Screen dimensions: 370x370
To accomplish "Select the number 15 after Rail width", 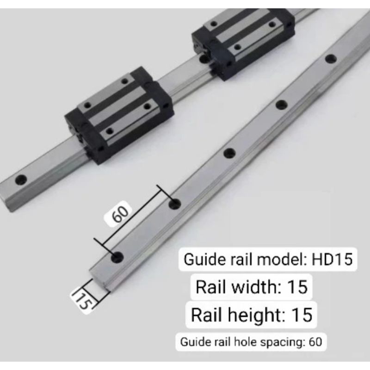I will (297, 287).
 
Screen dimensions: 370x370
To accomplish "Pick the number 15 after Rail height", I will (302, 315).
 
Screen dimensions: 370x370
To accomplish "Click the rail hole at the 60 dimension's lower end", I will (117, 257).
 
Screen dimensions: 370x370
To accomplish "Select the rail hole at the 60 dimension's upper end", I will (174, 203).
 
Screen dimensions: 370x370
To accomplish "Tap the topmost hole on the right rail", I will (330, 59).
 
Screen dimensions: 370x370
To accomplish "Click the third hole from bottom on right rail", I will (229, 153).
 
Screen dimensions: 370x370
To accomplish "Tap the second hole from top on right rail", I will (281, 104).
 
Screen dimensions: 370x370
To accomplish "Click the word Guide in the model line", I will (200, 259).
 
